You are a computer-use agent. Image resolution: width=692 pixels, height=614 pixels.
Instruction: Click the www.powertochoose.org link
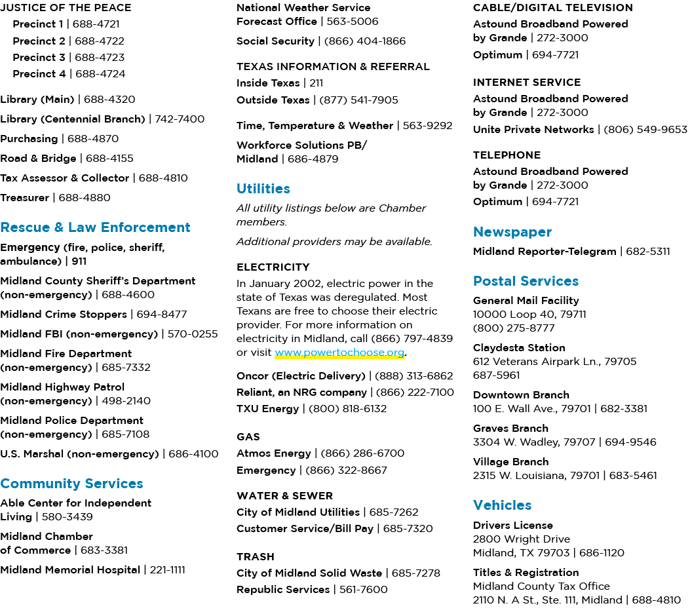pyautogui.click(x=339, y=353)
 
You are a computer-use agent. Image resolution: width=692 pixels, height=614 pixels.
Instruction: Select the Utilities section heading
pyautogui.click(x=263, y=189)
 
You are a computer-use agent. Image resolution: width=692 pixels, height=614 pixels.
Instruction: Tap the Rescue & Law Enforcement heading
pyautogui.click(x=95, y=227)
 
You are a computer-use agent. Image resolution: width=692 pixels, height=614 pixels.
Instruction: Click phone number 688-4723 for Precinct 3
pyautogui.click(x=100, y=58)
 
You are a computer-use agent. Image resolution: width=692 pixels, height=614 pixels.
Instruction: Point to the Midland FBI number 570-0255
pyautogui.click(x=193, y=334)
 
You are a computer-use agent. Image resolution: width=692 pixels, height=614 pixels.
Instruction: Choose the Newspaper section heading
pyautogui.click(x=512, y=232)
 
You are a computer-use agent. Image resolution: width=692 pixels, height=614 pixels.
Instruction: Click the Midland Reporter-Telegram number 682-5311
pyautogui.click(x=648, y=251)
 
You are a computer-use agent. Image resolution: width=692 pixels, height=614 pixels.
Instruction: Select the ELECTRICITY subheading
pyautogui.click(x=273, y=267)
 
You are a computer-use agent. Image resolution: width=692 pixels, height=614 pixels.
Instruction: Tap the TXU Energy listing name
pyautogui.click(x=267, y=409)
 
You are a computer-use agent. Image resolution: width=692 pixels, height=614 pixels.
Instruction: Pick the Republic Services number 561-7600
pyautogui.click(x=363, y=589)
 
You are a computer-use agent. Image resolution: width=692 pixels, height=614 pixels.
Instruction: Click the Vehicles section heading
pyautogui.click(x=502, y=505)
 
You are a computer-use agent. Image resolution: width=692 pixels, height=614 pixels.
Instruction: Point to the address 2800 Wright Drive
pyautogui.click(x=521, y=539)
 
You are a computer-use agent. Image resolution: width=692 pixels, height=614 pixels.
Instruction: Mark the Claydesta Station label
pyautogui.click(x=519, y=348)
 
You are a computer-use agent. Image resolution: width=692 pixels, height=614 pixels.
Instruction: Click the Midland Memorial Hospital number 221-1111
pyautogui.click(x=167, y=570)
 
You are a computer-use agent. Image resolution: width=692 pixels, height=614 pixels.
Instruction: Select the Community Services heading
pyautogui.click(x=71, y=484)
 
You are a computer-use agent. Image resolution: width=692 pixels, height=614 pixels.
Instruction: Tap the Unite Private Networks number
pyautogui.click(x=645, y=129)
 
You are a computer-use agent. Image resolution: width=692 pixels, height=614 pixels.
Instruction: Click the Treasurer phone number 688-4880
pyautogui.click(x=85, y=198)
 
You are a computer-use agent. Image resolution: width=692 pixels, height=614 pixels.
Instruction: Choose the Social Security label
pyautogui.click(x=275, y=41)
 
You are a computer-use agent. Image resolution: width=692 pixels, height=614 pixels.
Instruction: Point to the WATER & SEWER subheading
pyautogui.click(x=284, y=495)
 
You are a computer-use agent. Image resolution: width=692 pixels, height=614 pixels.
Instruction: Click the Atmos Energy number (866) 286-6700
pyautogui.click(x=362, y=453)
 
